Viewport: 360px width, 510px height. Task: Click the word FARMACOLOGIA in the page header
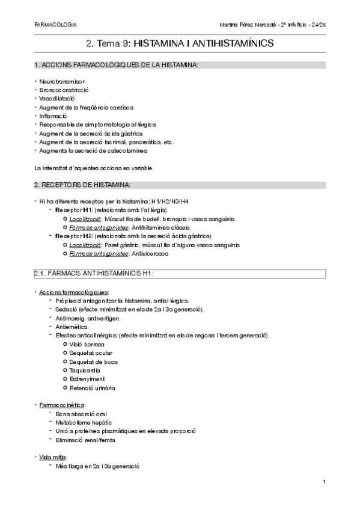click(x=56, y=25)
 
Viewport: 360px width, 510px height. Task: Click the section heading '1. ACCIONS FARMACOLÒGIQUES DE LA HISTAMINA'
click(x=116, y=64)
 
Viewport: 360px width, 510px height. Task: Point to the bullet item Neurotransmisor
click(x=61, y=81)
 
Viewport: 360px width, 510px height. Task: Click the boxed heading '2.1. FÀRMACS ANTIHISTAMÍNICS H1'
click(x=94, y=274)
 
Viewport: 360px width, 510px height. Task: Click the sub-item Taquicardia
click(x=87, y=370)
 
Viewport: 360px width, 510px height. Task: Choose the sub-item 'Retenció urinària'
click(x=93, y=388)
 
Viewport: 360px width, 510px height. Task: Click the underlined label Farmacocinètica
click(x=62, y=405)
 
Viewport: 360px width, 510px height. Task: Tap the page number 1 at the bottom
click(x=323, y=482)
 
